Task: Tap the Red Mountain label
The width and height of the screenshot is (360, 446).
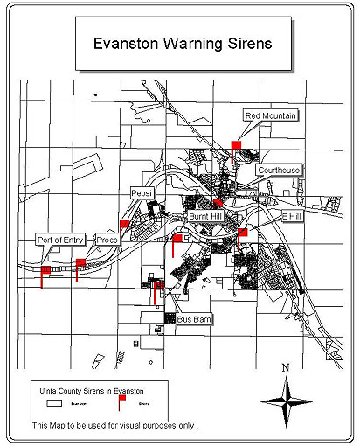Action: pyautogui.click(x=270, y=115)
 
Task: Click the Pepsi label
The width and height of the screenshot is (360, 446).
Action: pyautogui.click(x=142, y=192)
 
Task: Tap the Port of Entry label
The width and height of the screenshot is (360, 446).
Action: pyautogui.click(x=60, y=239)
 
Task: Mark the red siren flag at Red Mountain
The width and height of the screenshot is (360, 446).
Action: pyautogui.click(x=236, y=144)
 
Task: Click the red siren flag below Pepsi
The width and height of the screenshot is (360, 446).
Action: pyautogui.click(x=124, y=225)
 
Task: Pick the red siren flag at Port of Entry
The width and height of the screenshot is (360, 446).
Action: pyautogui.click(x=45, y=271)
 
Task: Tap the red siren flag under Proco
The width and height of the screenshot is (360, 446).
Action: pyautogui.click(x=81, y=262)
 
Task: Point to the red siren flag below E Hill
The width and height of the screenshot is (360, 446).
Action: pyautogui.click(x=242, y=233)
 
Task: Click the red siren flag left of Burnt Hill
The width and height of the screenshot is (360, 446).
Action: pyautogui.click(x=177, y=238)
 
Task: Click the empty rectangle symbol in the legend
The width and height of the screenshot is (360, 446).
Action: pyautogui.click(x=54, y=404)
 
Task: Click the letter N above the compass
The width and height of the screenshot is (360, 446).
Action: pyautogui.click(x=286, y=368)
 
